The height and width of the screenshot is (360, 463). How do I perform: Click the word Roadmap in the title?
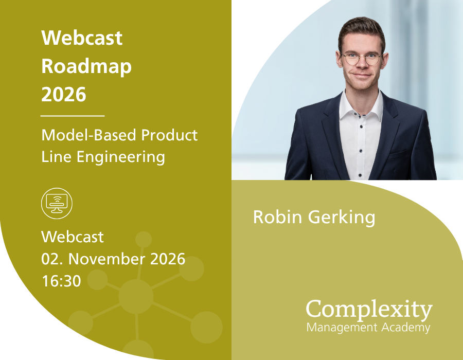86,66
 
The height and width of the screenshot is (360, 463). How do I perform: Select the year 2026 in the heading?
63,95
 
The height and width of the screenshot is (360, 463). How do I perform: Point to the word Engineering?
121,157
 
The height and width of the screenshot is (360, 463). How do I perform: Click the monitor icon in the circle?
57,203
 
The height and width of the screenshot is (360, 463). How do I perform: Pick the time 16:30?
61,280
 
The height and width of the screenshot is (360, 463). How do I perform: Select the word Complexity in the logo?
369,310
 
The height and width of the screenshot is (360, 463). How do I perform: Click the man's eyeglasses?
362,58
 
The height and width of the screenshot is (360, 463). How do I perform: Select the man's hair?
360,28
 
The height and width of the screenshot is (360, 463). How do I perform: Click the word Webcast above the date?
72,237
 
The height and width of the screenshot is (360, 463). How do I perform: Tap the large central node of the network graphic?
136,297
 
